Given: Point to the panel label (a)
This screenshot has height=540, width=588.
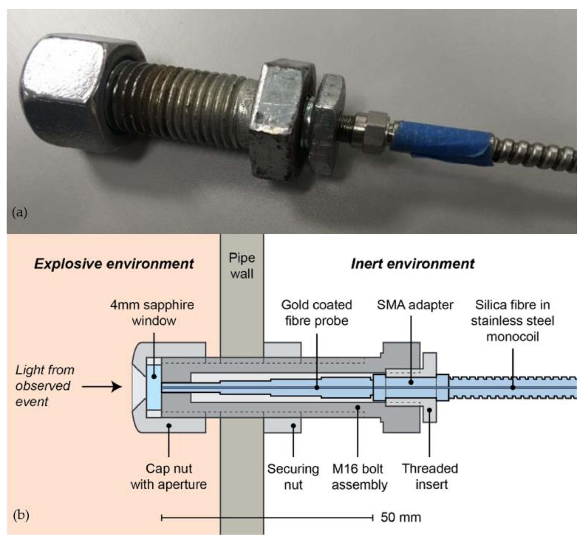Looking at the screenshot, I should (x=19, y=212).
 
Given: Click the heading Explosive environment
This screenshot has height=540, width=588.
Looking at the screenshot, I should (x=114, y=264).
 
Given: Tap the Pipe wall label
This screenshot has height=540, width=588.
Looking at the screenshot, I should (x=242, y=266).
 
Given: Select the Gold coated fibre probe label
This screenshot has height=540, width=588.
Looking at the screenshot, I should (x=317, y=313).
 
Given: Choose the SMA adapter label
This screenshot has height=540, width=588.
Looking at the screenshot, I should (x=415, y=305).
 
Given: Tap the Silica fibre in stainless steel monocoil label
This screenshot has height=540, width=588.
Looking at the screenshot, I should (x=512, y=321).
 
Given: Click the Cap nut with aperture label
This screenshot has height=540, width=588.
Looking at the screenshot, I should (x=169, y=477).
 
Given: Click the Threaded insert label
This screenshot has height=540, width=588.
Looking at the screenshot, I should (x=430, y=477).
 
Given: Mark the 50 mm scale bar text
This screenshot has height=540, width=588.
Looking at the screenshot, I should (x=401, y=517).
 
